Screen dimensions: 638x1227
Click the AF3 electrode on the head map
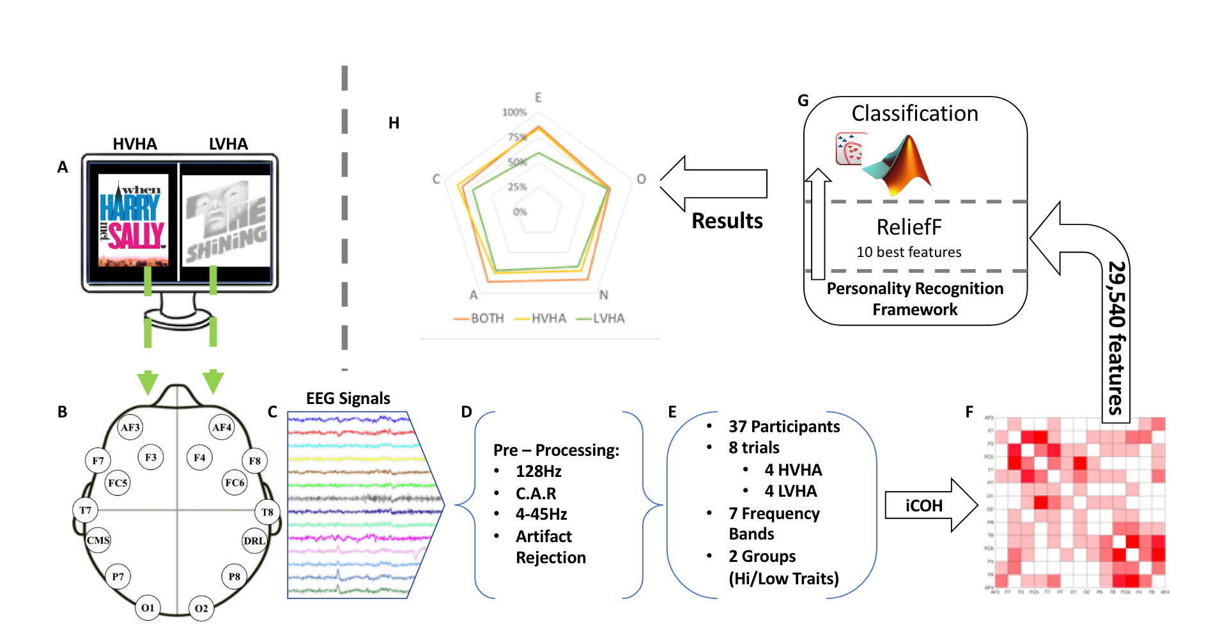pos(130,427)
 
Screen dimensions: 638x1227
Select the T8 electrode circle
pos(267,511)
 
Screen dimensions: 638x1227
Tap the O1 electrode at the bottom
pos(148,607)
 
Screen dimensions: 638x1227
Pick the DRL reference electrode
pos(254,540)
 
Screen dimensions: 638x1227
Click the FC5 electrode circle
pos(118,483)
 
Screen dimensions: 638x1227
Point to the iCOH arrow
pos(930,506)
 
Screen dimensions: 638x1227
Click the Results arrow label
pos(727,221)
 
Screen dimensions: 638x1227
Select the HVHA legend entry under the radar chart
pos(548,318)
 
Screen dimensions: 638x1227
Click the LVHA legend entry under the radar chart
pos(608,318)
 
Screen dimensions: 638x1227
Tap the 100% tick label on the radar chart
pos(514,113)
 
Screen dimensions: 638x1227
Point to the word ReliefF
pos(909,227)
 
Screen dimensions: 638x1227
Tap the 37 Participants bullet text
pos(784,426)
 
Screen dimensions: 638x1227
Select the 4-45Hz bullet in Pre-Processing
pos(541,514)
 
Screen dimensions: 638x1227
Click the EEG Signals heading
pos(348,398)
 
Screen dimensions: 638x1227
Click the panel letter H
pos(394,123)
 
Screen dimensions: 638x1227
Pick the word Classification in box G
pos(914,114)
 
